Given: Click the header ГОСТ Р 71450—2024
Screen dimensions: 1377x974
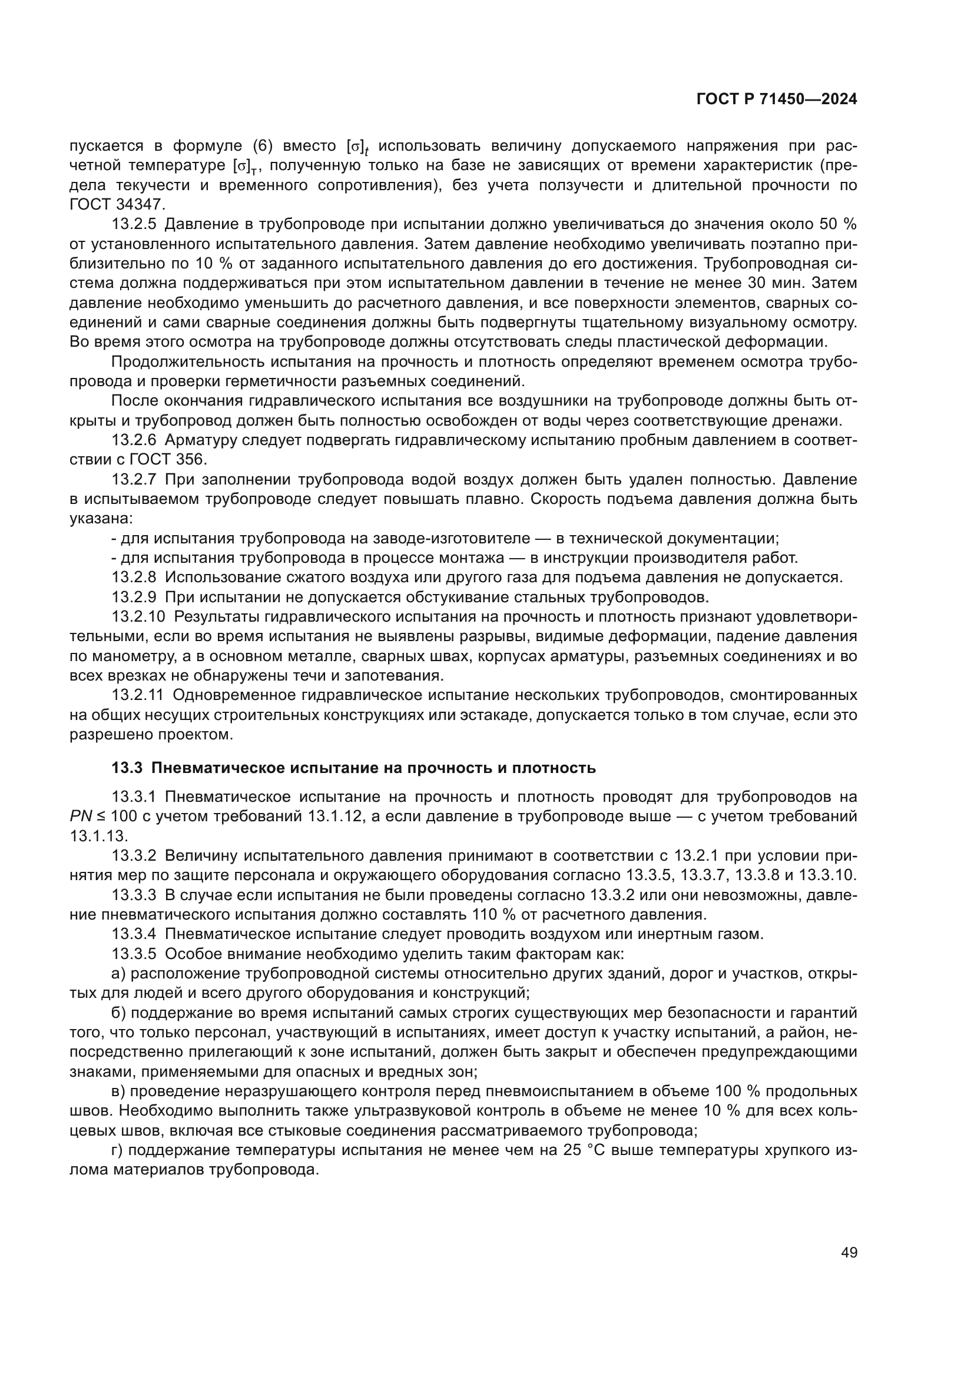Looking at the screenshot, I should [777, 99].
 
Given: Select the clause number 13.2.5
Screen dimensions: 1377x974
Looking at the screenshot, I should [134, 224].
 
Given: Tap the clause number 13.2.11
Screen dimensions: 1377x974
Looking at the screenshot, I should [137, 695].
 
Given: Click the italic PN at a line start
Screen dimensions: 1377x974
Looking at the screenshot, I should [80, 816].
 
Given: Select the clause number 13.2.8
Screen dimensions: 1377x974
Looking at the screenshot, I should [134, 577].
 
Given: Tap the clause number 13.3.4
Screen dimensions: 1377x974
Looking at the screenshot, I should [134, 934].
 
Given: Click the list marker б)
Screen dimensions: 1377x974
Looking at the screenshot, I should [118, 1013].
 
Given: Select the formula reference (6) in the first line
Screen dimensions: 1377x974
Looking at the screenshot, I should [263, 146].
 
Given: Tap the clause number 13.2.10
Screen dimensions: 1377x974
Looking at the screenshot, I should [138, 616].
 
